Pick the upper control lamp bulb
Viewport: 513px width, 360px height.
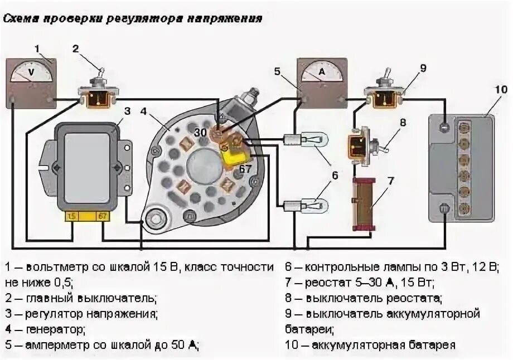(306, 139)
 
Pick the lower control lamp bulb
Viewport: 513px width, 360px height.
(306, 205)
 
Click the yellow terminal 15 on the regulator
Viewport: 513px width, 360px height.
(72, 216)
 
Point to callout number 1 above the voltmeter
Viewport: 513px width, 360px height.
(37, 50)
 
